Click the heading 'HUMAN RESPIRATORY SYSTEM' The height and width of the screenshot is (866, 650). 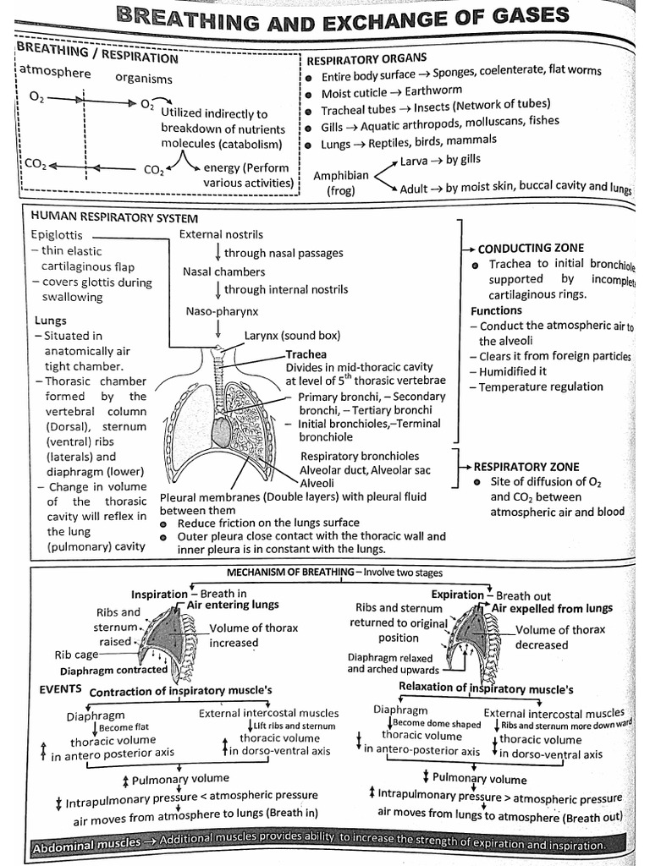(x=113, y=217)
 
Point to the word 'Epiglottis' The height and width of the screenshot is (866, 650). (x=57, y=234)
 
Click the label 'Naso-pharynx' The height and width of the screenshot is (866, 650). (x=215, y=311)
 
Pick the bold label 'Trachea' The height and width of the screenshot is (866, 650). (x=306, y=354)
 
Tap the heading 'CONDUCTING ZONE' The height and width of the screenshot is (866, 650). (x=531, y=248)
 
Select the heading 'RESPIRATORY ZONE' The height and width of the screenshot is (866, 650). (x=526, y=466)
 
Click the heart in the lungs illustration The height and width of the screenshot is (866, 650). (x=221, y=432)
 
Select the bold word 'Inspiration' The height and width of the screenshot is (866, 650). (x=159, y=594)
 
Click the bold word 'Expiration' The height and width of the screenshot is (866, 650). (x=458, y=595)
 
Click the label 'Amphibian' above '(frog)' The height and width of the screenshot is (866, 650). (x=341, y=176)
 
